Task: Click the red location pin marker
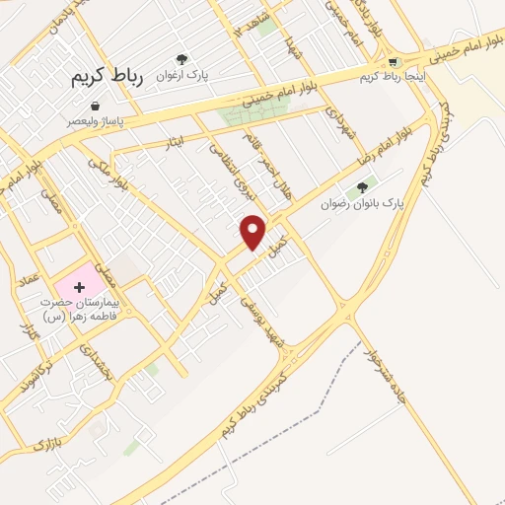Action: (x=253, y=231)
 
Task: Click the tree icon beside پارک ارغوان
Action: (x=180, y=59)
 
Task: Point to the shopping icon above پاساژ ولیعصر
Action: (x=95, y=106)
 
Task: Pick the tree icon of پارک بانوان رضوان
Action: (x=362, y=187)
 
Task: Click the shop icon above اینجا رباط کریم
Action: (x=395, y=60)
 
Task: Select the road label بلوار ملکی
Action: (x=108, y=175)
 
